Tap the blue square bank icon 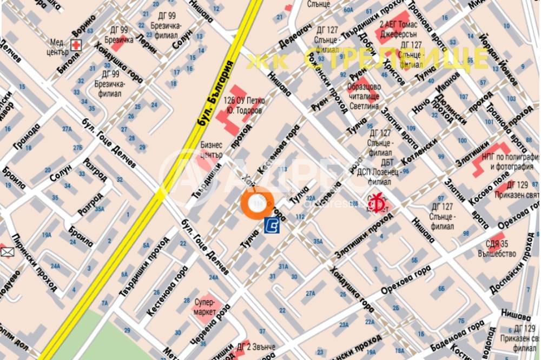pos(272,225)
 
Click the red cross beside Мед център pos(77,45)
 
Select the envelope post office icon pos(6,251)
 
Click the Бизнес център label pos(212,149)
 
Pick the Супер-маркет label pos(204,307)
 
